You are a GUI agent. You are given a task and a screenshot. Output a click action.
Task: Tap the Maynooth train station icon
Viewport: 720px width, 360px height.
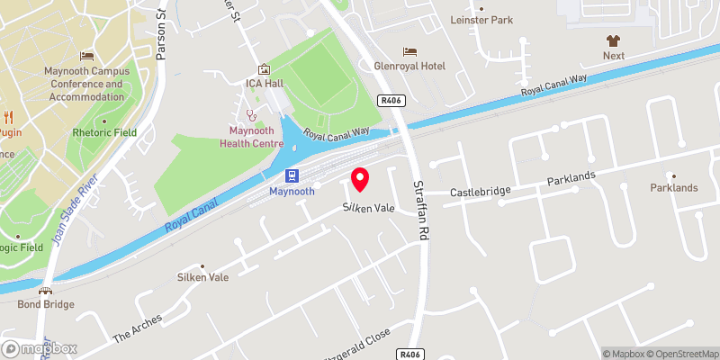292,175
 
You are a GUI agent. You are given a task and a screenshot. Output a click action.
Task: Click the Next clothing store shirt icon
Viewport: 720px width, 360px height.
614,40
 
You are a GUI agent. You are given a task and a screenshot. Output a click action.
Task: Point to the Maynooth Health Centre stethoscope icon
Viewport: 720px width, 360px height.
253,115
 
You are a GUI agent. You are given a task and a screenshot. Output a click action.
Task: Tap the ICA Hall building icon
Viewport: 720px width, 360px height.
264,69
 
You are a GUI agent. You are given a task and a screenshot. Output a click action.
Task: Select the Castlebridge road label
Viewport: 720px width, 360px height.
481,192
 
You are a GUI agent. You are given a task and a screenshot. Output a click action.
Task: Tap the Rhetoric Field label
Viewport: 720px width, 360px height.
105,132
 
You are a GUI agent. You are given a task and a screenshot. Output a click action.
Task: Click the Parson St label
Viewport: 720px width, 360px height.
162,40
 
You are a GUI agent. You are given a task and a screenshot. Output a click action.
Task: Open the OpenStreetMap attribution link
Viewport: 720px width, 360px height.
681,354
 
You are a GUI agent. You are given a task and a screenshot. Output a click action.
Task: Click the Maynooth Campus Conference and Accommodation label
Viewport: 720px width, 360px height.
86,83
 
